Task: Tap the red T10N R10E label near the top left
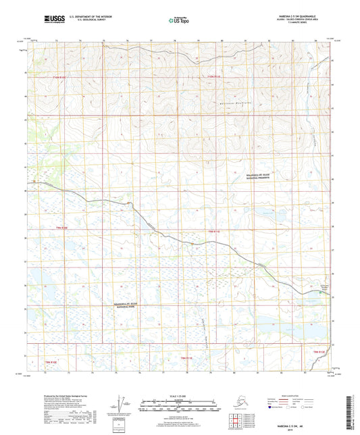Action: click(x=61, y=78)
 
